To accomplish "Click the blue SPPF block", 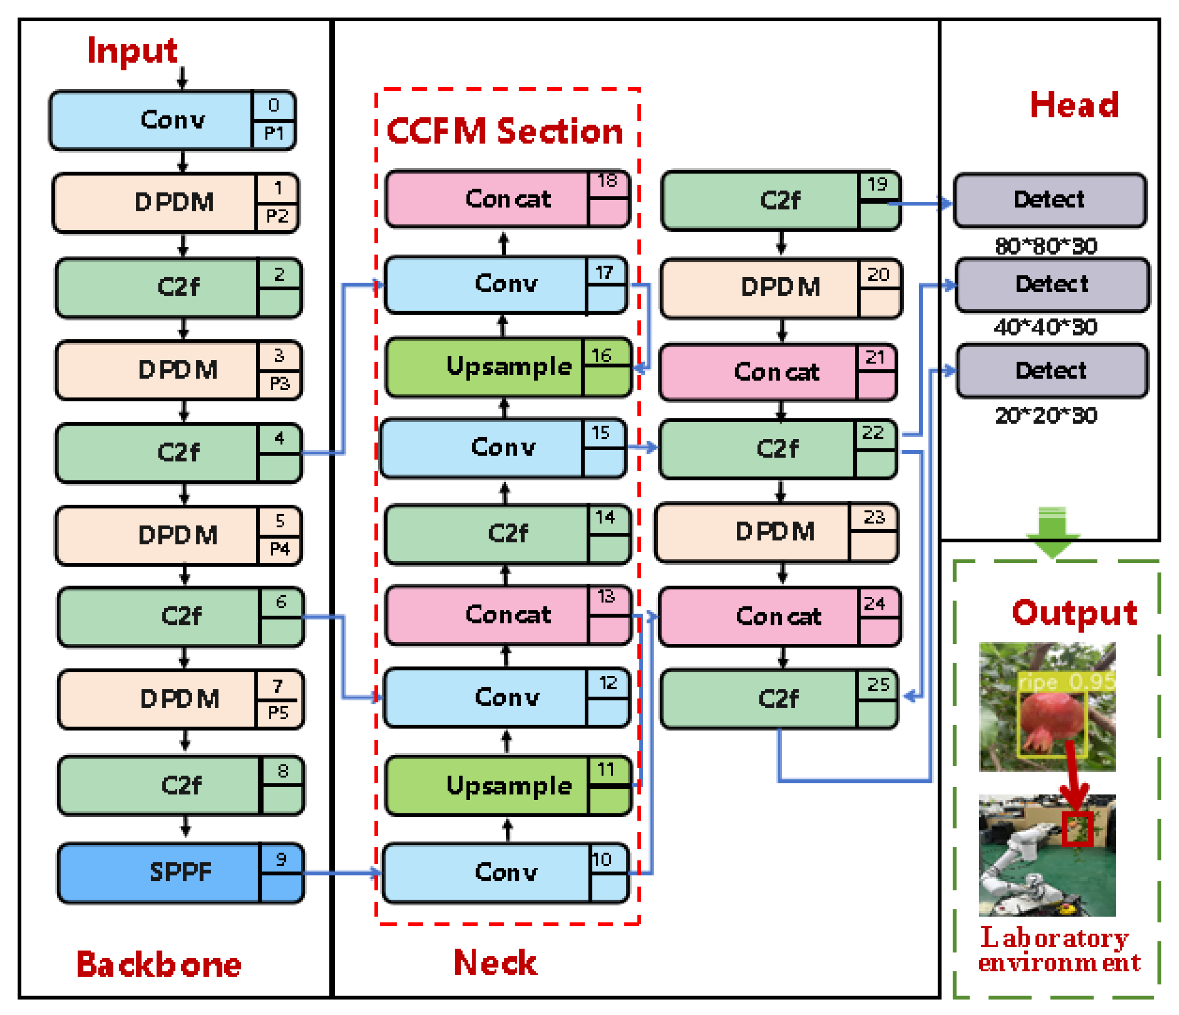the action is point(180,873).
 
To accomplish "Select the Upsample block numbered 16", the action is point(509,367).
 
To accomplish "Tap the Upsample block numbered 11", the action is point(509,786).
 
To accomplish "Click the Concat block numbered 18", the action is point(508,199).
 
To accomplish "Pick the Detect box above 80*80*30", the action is point(1050,200).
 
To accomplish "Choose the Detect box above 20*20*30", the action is point(1052,371).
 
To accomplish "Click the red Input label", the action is point(132,51).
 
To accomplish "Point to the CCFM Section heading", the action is point(505,131).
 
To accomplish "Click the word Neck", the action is point(495,963).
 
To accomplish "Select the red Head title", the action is point(1074,105).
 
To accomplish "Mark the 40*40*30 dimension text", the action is point(1045,327).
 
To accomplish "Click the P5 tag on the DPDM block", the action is point(278,713).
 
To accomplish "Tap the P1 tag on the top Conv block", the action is point(274,133).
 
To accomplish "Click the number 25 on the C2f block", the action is point(878,684).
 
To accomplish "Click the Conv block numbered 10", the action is point(506,873).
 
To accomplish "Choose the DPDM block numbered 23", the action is point(776,532).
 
